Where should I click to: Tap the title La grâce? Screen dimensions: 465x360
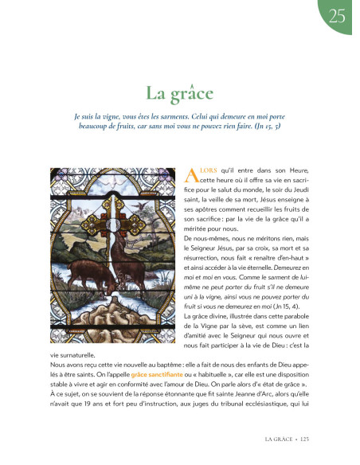[180, 94]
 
